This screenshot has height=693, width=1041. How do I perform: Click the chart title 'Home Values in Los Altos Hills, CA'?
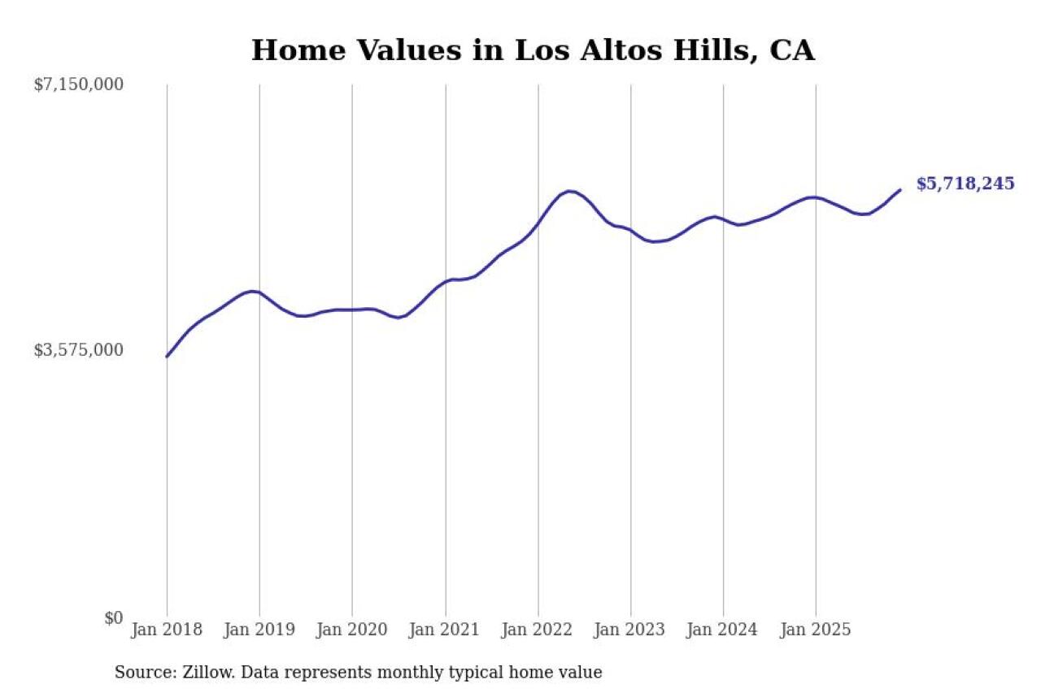coord(533,50)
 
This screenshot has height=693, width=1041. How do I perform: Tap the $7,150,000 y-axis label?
coord(78,84)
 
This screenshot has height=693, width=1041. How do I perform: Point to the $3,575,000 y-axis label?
coord(78,350)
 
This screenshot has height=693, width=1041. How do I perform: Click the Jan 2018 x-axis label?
coord(167,630)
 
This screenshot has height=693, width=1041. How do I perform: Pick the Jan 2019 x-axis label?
coord(259,630)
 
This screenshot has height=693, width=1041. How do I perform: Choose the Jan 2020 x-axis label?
coord(352,630)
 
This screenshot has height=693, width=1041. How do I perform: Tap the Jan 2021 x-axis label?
coord(445,630)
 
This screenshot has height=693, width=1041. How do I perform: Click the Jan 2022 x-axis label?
coord(538,630)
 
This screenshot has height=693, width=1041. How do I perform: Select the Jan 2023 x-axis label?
coord(630,630)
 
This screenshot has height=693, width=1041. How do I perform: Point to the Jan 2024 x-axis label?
coord(723,630)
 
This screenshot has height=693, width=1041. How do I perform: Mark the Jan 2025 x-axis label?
coord(816,630)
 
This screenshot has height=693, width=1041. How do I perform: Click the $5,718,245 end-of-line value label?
coord(965,184)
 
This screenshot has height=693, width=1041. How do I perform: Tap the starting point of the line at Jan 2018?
coord(167,357)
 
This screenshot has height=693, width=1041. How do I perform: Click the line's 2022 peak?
coord(569,191)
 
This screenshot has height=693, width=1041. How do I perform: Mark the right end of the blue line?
coord(900,190)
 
